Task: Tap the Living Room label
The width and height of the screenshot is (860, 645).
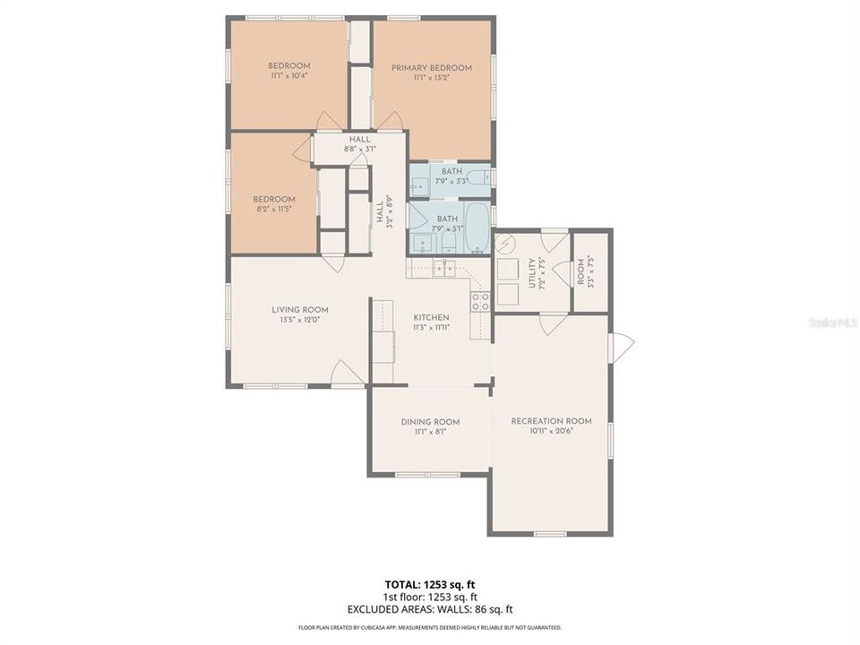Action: click(300, 310)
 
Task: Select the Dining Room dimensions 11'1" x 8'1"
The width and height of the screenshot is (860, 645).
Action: click(430, 432)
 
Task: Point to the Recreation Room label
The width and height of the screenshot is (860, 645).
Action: click(551, 421)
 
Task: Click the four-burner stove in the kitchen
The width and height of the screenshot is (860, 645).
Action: click(481, 301)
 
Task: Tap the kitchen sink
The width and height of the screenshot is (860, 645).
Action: click(444, 266)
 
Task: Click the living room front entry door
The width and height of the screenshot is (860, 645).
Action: click(348, 374)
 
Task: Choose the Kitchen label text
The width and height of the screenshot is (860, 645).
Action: click(431, 318)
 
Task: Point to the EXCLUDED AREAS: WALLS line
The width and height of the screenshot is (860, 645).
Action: click(430, 609)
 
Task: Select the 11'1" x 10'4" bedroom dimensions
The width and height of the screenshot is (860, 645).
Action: click(289, 77)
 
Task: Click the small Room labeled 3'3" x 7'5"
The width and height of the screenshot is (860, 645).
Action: click(590, 271)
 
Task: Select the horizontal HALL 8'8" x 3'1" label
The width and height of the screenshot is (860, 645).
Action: click(359, 144)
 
